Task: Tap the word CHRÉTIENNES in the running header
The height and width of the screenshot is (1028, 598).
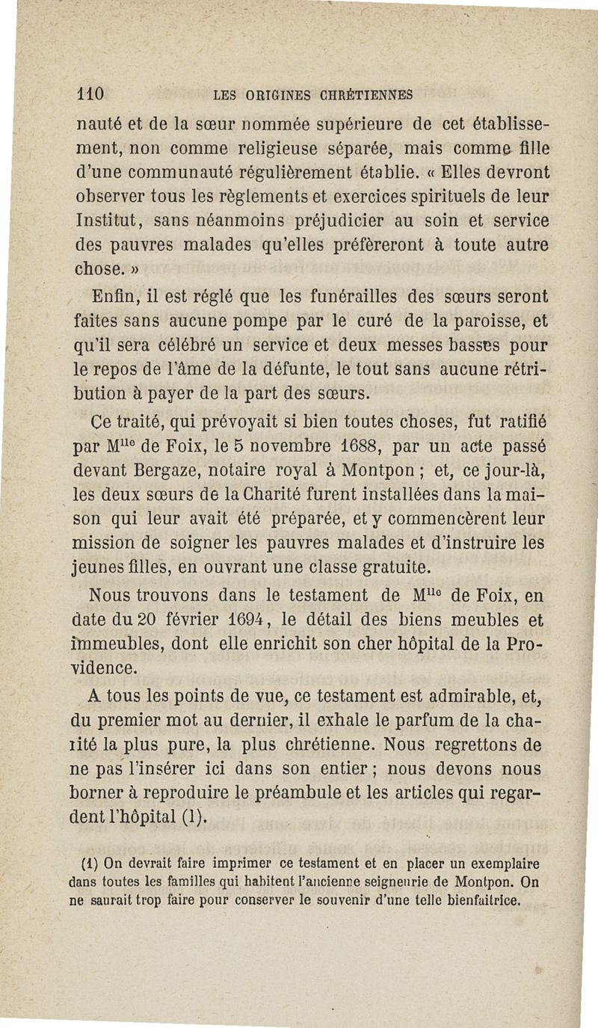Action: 368,96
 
